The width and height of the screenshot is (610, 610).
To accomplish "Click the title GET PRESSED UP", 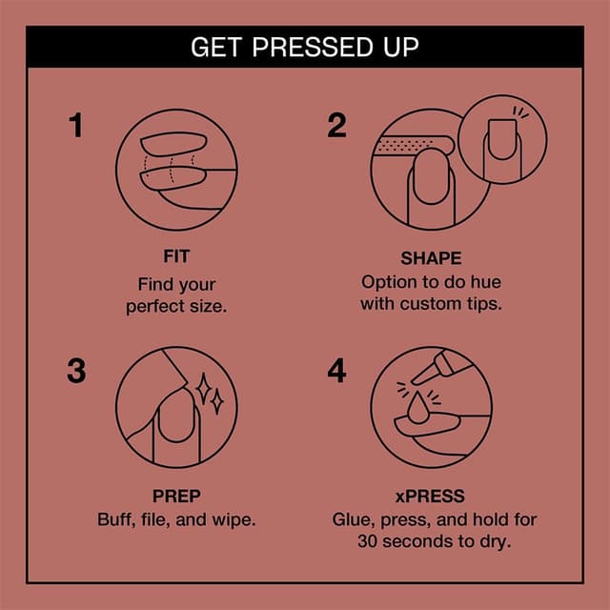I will click(x=304, y=47).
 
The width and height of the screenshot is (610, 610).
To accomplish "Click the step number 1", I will click(x=76, y=126).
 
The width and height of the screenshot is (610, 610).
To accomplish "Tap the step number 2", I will click(x=336, y=126).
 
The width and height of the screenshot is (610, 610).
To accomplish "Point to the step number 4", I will click(x=336, y=371).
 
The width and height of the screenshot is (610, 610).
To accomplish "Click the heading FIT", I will click(x=176, y=257).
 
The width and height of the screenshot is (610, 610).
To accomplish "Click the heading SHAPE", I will click(x=431, y=258).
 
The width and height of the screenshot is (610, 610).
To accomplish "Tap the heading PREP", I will click(x=176, y=497).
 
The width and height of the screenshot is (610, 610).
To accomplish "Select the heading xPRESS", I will click(x=431, y=497).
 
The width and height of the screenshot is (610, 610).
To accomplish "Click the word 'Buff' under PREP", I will click(x=114, y=520).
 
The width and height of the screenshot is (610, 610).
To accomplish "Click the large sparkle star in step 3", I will click(x=203, y=385).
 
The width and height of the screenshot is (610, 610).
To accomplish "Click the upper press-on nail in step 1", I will click(x=172, y=147).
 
